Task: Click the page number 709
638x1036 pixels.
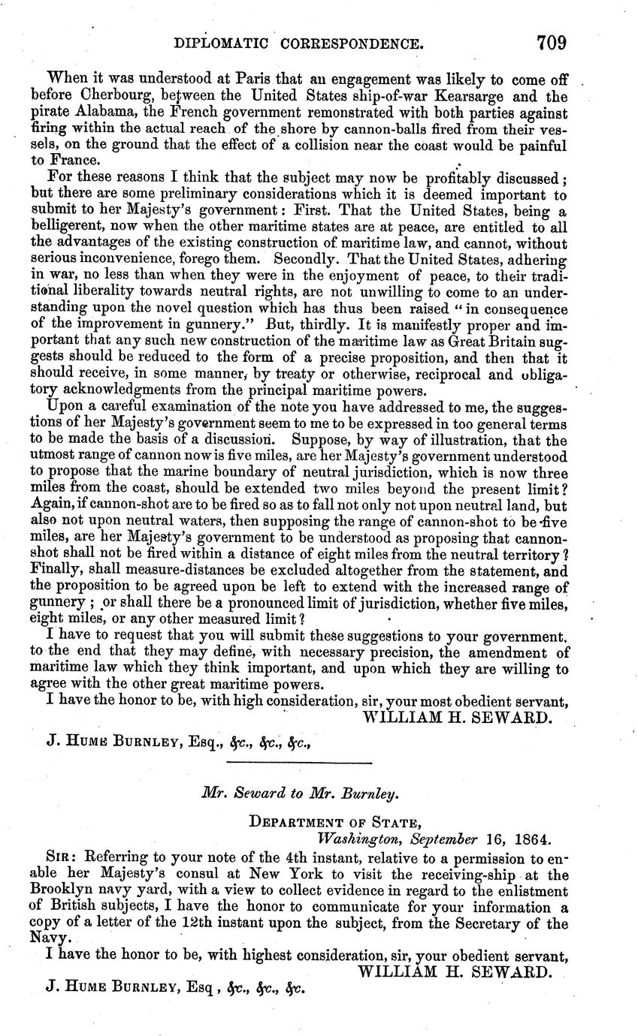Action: click(x=552, y=43)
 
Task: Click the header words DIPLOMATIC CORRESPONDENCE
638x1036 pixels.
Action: click(x=298, y=44)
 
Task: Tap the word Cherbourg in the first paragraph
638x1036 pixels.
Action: click(x=93, y=96)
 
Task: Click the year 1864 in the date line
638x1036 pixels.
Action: click(x=526, y=839)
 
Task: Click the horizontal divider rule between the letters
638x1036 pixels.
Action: click(x=298, y=764)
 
